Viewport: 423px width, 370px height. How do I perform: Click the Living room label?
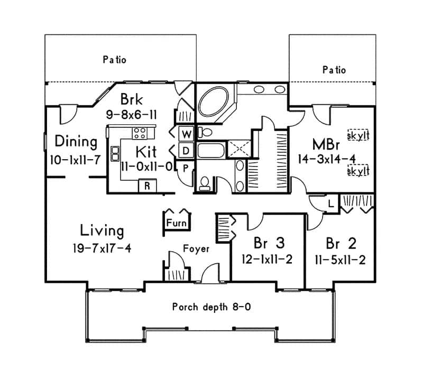point(102,230)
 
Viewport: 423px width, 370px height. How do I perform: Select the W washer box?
point(186,134)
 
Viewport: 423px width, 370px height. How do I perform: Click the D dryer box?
point(186,151)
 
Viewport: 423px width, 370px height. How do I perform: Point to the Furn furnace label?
point(176,223)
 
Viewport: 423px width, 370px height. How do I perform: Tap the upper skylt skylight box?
point(357,135)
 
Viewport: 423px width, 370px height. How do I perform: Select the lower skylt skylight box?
point(357,171)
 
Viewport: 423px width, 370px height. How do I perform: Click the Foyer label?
point(196,248)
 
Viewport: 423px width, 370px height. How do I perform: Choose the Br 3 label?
point(269,243)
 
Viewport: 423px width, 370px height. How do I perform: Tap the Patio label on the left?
point(114,60)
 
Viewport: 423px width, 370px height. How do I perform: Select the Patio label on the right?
point(334,69)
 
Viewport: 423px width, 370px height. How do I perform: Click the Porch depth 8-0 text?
point(212,307)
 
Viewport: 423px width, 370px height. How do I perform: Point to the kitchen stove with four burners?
point(140,132)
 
